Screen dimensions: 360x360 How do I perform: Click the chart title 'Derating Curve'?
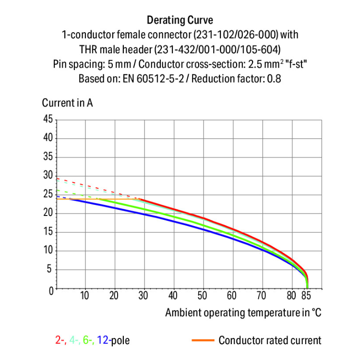[180, 20]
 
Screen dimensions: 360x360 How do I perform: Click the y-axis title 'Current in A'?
[67, 103]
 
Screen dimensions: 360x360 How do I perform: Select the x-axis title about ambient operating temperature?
[243, 313]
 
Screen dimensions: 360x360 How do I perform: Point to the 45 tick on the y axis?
[48, 120]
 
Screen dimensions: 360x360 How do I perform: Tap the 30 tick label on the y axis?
[48, 176]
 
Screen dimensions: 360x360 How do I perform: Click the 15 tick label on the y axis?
[48, 232]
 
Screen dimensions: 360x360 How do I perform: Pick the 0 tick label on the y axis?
[50, 290]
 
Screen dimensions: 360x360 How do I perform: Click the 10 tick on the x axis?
[84, 296]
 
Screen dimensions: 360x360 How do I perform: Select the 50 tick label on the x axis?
[203, 296]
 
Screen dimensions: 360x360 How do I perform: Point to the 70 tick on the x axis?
[262, 296]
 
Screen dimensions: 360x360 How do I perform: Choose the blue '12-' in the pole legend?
[104, 341]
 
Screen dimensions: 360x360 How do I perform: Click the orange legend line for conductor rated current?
[202, 341]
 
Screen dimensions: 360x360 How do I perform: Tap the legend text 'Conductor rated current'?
[270, 341]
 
